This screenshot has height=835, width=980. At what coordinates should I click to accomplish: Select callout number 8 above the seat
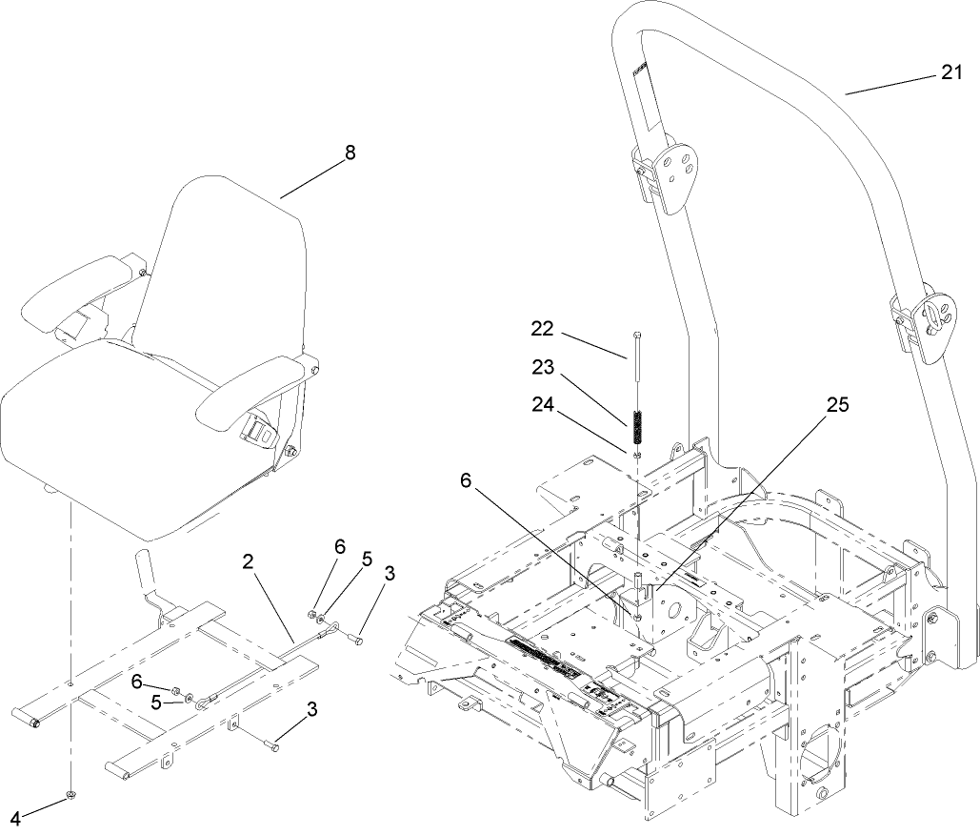tap(350, 153)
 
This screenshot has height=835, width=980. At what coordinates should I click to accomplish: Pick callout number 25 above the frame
tap(837, 404)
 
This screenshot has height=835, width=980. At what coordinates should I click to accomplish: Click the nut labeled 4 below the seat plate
tap(71, 794)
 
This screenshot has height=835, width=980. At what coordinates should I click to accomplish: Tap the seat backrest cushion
tap(229, 267)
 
